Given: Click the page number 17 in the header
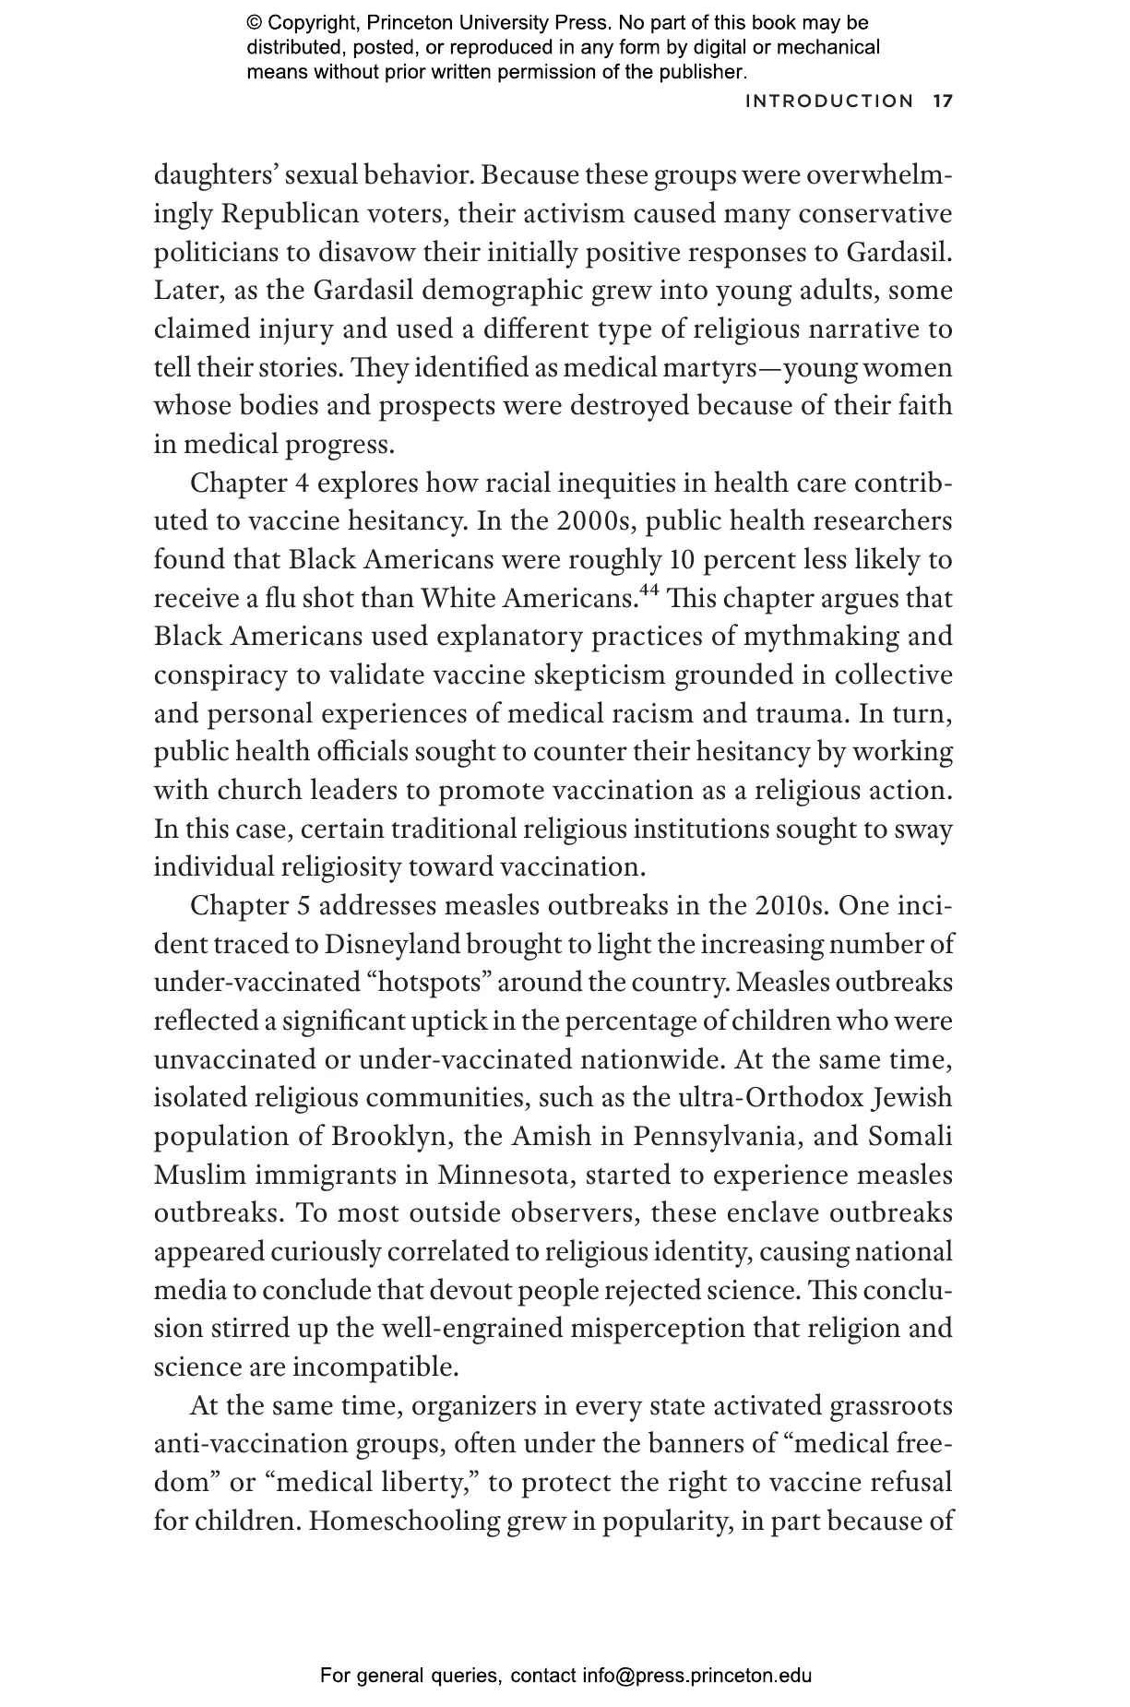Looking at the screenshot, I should click(942, 101).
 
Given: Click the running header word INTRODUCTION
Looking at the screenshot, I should click(828, 101).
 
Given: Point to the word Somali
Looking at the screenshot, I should click(910, 1136).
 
